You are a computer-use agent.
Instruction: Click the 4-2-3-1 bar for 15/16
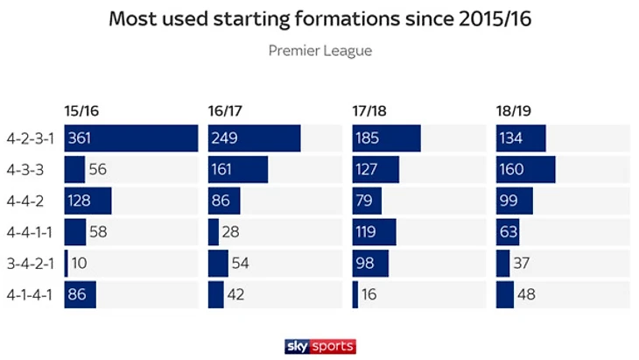[131, 138]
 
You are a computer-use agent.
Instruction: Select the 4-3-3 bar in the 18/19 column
[525, 169]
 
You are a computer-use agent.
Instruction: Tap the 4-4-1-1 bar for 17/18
[374, 232]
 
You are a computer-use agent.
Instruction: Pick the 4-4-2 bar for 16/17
[223, 201]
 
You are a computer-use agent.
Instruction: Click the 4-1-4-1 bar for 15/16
[80, 294]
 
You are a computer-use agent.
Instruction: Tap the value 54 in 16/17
[240, 263]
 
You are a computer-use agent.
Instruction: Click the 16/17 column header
[224, 111]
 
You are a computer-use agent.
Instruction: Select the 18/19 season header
[513, 111]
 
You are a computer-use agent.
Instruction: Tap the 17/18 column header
[369, 111]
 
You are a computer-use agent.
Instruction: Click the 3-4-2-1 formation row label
[29, 263]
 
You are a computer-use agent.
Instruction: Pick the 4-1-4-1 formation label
[29, 294]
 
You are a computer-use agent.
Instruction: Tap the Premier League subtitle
[319, 51]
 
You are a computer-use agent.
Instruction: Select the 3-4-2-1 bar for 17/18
[370, 263]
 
